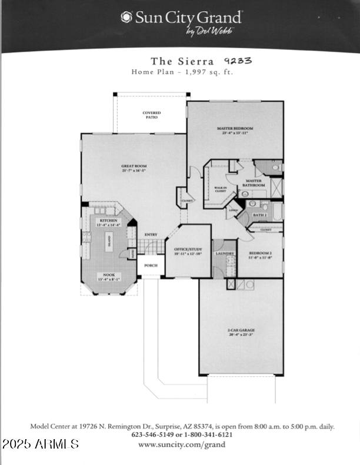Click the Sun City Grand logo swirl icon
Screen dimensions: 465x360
pos(126,17)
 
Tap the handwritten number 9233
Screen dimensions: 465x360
pos(238,60)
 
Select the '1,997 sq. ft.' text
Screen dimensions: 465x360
pos(201,72)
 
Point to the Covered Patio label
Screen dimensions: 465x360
pos(152,115)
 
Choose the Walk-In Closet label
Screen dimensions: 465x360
pos(220,190)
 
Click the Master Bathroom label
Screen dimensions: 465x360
pos(255,183)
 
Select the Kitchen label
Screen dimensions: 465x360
pos(108,222)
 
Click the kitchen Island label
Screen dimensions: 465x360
pos(108,241)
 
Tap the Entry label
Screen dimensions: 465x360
pos(151,235)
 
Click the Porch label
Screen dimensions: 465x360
pos(151,265)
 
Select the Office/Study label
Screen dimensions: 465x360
pos(188,251)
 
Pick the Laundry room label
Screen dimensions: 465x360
pos(225,253)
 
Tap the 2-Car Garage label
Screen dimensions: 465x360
pos(241,332)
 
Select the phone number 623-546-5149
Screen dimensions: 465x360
pos(153,436)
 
